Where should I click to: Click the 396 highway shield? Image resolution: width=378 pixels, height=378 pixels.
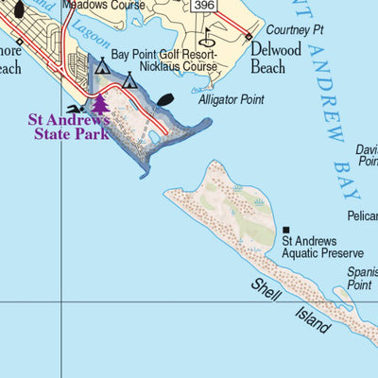point(202,6)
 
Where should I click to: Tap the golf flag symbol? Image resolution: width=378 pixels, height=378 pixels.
point(207,40)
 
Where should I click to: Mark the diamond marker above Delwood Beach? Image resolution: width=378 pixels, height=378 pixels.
point(249,36)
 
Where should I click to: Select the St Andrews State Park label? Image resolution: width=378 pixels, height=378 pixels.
point(68,127)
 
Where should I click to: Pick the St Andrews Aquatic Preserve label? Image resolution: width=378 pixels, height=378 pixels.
point(322,248)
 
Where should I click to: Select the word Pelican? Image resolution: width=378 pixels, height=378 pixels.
point(362,216)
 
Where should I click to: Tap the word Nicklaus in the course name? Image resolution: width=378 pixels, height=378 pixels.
point(153,68)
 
